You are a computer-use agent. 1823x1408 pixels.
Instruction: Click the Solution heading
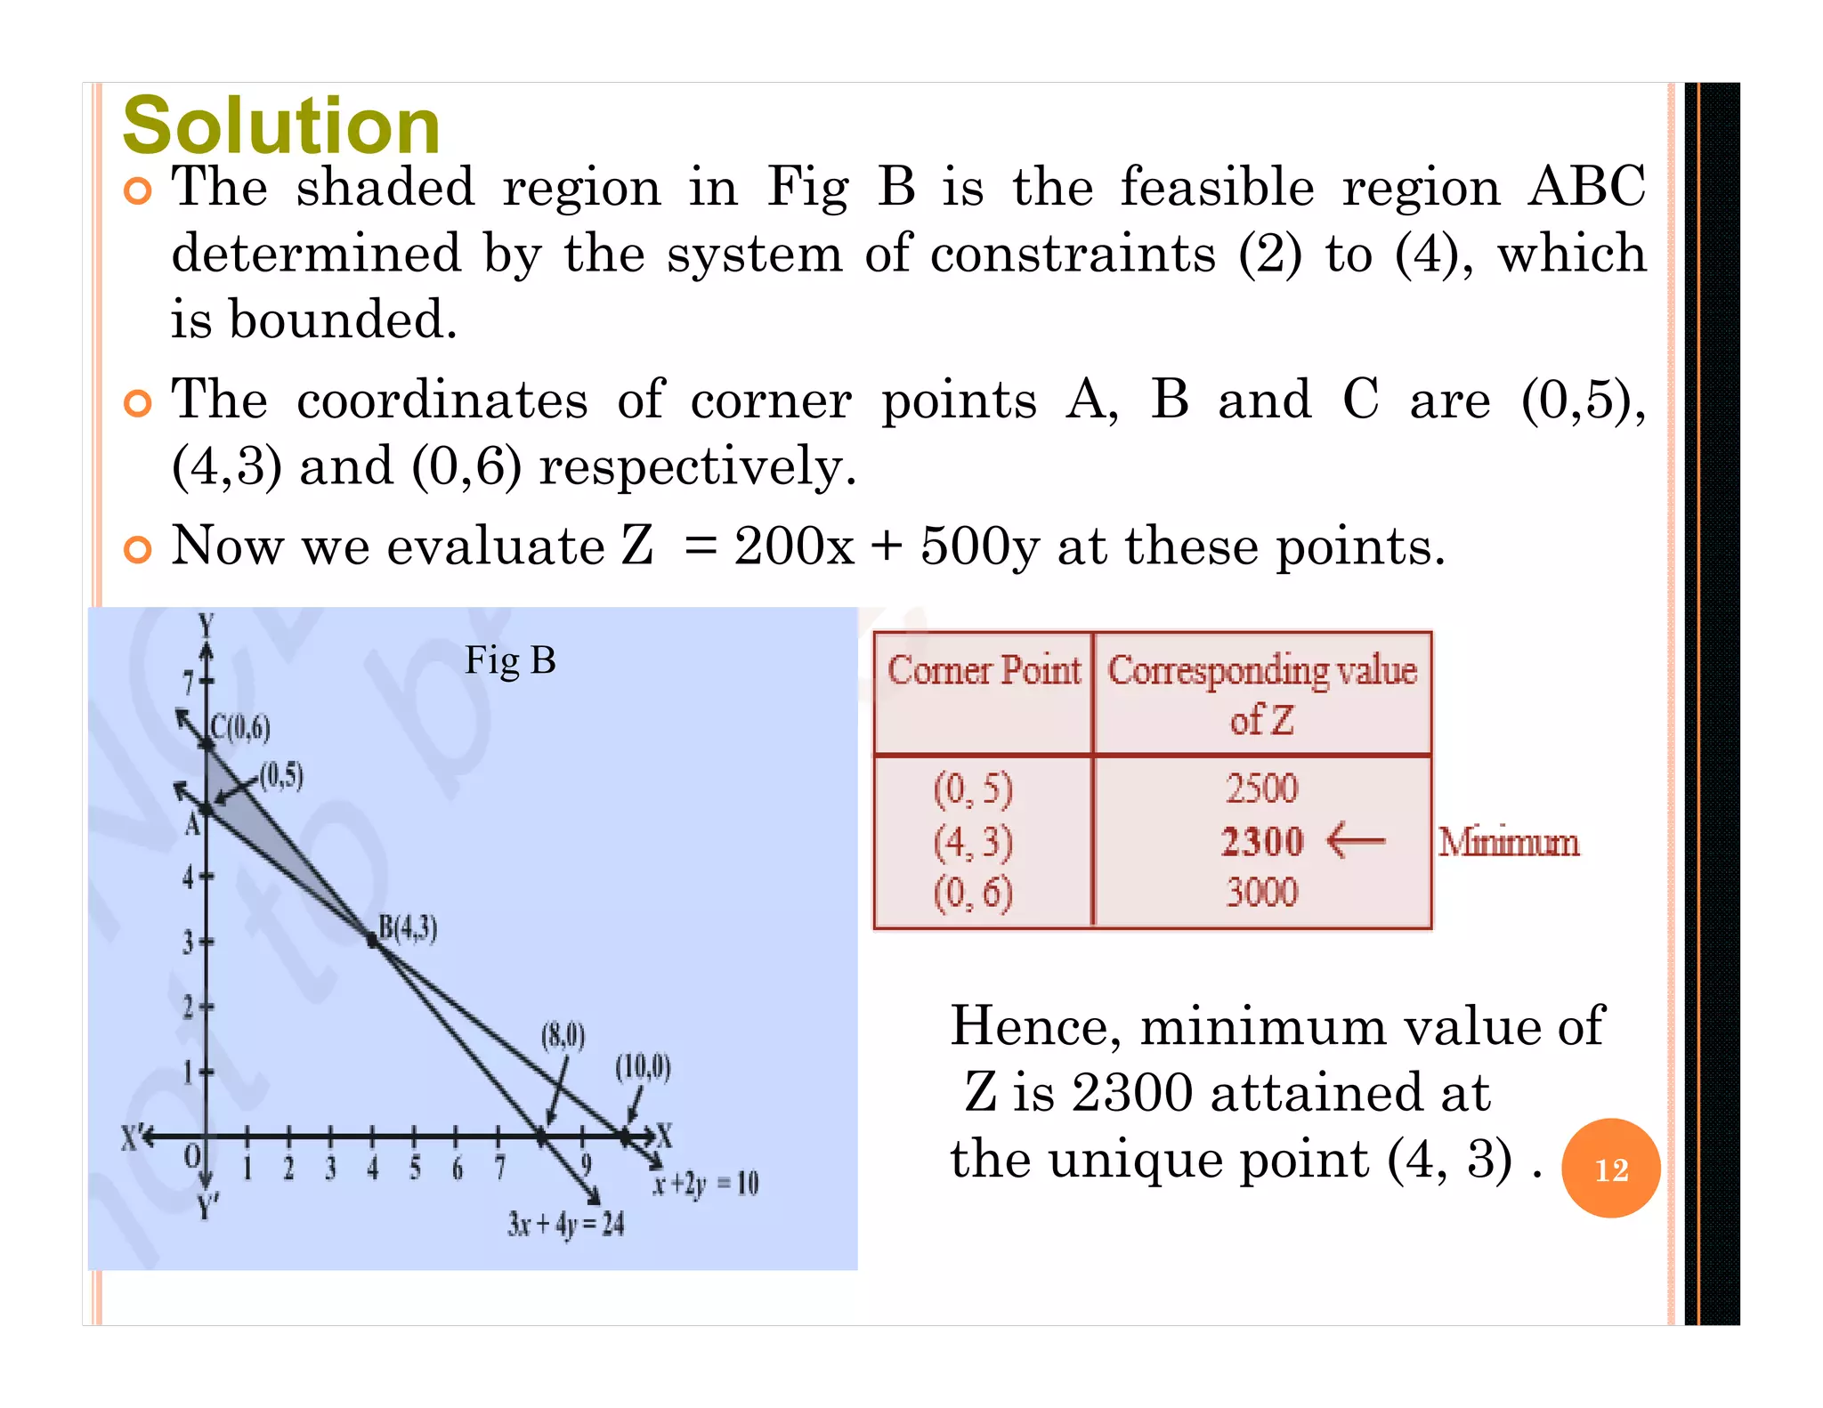281,125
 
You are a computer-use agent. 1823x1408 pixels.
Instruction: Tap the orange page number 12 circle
1611,1169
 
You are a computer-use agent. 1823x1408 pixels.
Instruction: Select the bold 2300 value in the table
1261,841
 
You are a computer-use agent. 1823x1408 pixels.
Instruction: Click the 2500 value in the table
1261,789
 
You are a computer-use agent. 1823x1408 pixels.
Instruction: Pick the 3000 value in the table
1261,892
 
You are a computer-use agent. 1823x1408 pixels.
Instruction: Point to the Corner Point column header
984,670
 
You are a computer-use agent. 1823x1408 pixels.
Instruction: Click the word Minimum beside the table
1509,842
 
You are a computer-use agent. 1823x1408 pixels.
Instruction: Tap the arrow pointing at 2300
1355,840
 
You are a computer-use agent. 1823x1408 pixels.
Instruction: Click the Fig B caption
510,661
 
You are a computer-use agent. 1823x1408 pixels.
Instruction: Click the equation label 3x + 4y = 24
566,1225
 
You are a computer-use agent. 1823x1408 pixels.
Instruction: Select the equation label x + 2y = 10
705,1184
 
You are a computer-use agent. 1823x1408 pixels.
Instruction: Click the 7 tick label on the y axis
189,684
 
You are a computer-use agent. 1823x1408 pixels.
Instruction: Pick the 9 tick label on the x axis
586,1165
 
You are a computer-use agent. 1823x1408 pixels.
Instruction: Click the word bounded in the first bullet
343,320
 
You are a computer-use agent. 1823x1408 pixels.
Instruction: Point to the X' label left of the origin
132,1137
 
